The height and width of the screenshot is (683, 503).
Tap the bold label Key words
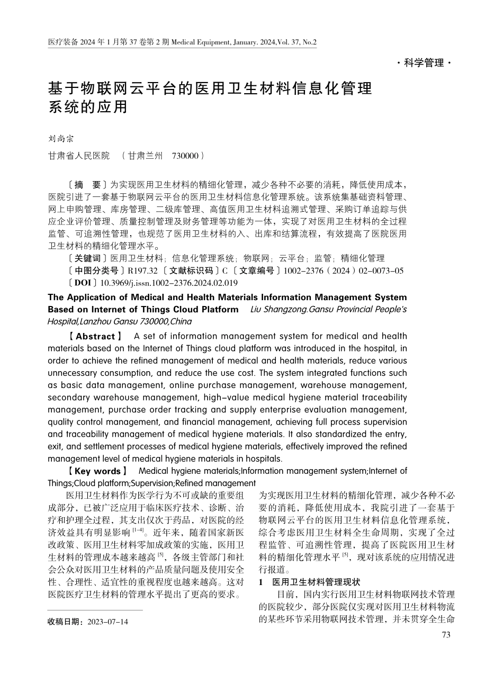click(97, 471)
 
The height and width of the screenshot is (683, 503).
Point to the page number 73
click(445, 634)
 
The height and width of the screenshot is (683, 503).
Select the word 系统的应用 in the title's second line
click(88, 107)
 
